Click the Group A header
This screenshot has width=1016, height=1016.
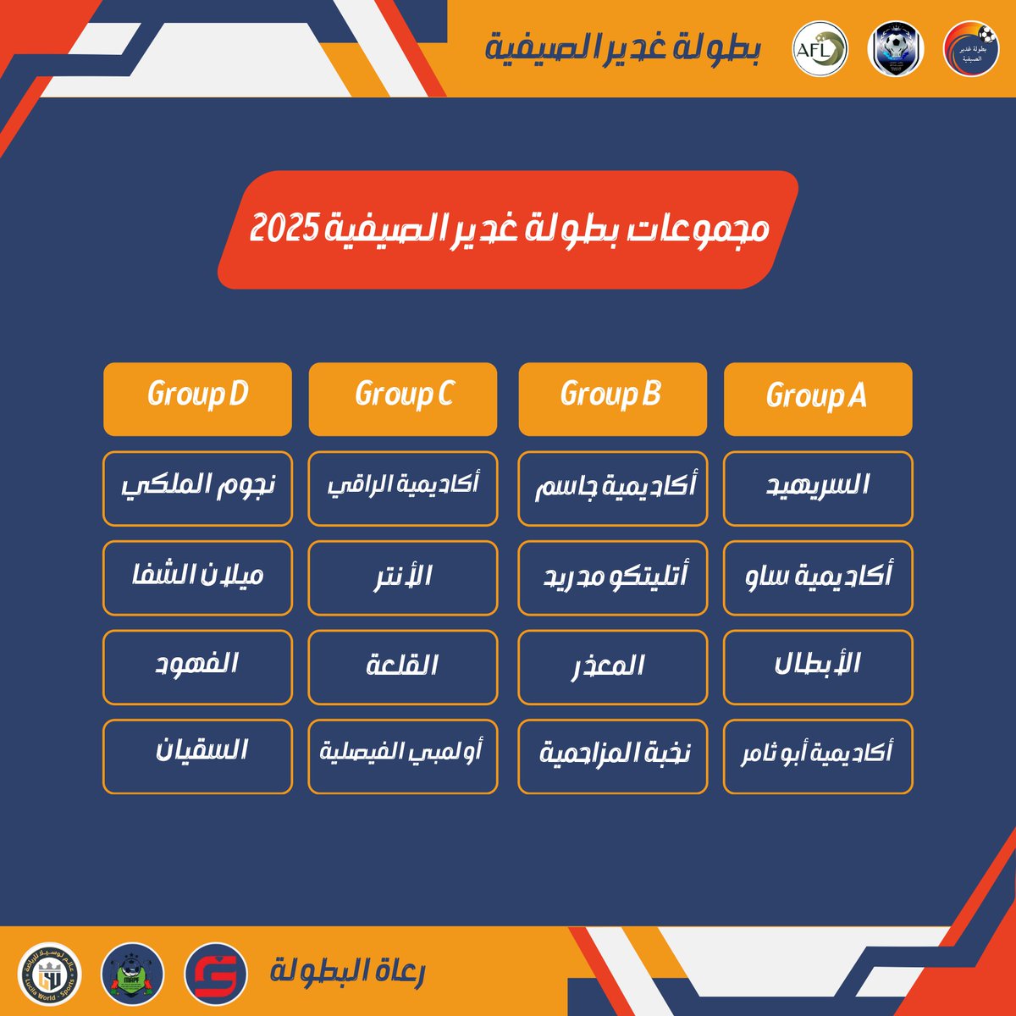pos(818,399)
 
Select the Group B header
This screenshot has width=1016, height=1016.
pos(612,399)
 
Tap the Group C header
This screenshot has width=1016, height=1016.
pos(403,399)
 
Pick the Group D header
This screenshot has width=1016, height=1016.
pos(197,399)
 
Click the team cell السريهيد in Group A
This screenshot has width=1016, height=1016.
pos(818,489)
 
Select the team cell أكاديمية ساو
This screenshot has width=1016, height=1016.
pos(818,577)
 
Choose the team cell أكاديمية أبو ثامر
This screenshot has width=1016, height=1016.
pos(818,756)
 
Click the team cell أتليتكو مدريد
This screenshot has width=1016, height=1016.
pos(612,577)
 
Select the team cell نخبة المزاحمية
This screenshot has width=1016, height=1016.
pos(612,756)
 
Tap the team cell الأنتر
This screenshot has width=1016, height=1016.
pos(403,577)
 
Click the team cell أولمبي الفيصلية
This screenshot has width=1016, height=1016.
pos(403,756)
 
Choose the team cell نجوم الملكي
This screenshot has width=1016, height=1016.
pos(197,489)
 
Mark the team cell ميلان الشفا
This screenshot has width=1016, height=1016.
pos(197,577)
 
